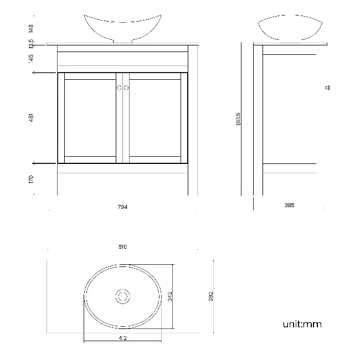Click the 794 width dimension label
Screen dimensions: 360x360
click(122, 207)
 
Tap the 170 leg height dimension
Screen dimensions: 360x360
click(32, 179)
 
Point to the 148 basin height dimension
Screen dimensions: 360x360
click(32, 27)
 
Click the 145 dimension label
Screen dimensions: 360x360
click(32, 57)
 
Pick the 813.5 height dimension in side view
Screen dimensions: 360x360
click(238, 119)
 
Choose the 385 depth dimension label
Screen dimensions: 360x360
click(289, 205)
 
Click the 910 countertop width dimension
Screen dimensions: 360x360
click(122, 247)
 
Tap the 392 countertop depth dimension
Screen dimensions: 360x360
click(210, 296)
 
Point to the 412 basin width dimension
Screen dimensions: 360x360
click(122, 337)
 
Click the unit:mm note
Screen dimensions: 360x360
click(302, 324)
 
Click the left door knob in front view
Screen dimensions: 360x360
click(119, 88)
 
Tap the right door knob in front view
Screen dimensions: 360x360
click(126, 88)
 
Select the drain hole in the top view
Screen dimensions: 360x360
click(122, 296)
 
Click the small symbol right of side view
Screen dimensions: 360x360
click(328, 88)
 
